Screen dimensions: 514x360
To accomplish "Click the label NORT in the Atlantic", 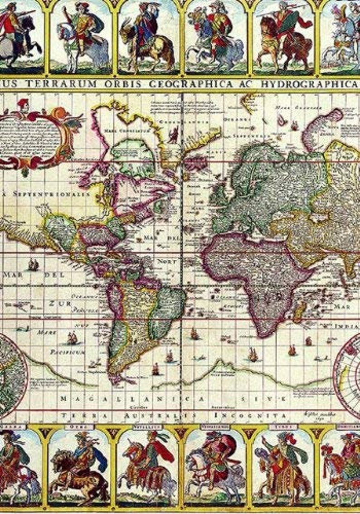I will [167, 262].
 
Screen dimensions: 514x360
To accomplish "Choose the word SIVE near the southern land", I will [256, 399].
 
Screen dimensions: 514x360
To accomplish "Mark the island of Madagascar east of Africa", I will [300, 312].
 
